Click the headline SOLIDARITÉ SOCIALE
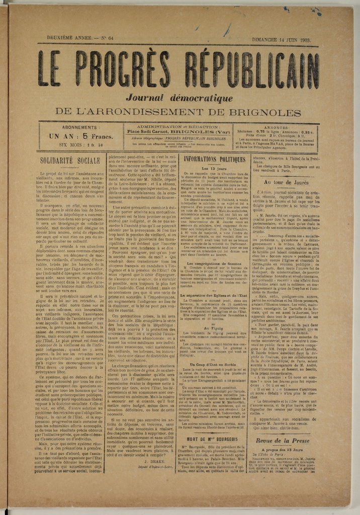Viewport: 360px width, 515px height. coord(70,161)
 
